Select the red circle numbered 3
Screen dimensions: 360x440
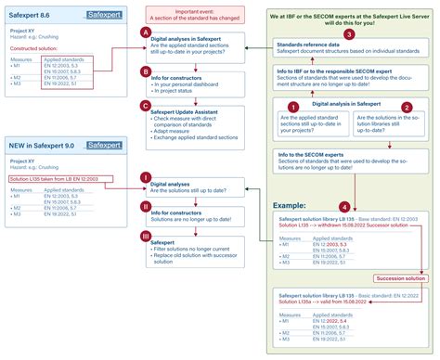(x=348, y=34)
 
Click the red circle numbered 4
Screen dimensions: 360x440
(x=345, y=205)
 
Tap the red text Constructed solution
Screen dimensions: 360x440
(x=41, y=45)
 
